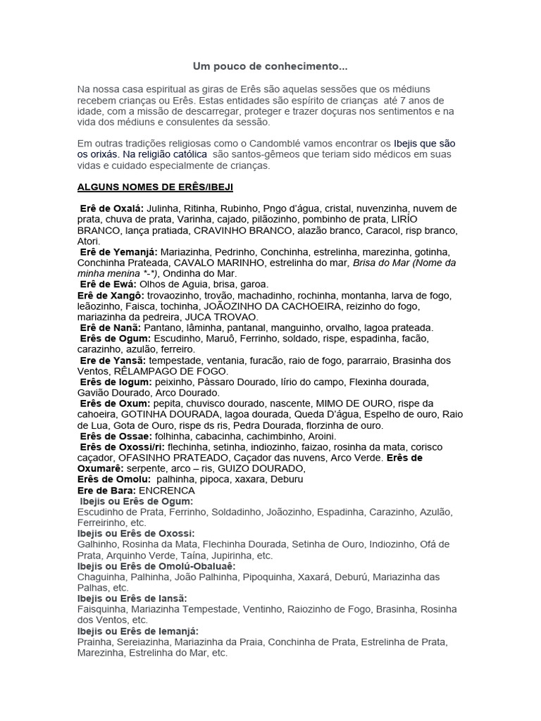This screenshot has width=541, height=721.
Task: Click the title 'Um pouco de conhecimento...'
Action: tap(270, 67)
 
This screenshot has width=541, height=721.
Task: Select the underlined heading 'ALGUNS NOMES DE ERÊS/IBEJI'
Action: tap(155, 187)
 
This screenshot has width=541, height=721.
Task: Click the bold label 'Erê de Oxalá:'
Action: tap(111, 208)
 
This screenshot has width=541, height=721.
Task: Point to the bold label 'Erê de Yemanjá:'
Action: tap(119, 251)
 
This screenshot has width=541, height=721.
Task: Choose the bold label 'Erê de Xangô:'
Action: tap(112, 295)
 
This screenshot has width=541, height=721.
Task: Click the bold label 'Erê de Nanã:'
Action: tap(111, 327)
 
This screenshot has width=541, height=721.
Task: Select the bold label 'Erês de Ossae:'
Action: tap(113, 436)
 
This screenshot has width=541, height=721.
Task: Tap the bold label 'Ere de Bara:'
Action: tap(106, 490)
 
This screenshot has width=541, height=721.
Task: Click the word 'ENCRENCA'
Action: tap(167, 490)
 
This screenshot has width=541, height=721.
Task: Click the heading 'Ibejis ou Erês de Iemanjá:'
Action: tap(137, 631)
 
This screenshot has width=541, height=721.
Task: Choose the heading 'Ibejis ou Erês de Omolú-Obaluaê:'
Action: tap(156, 566)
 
